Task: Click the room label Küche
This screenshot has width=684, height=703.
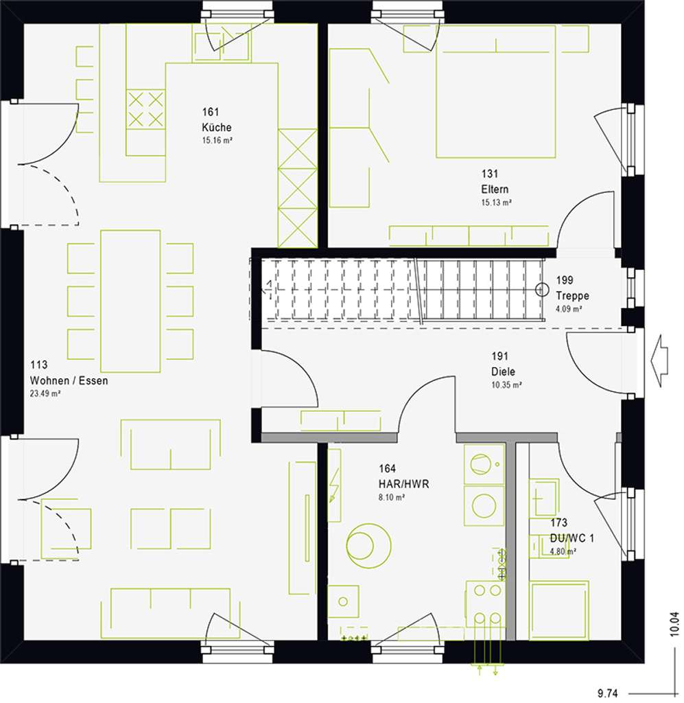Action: [x=216, y=128]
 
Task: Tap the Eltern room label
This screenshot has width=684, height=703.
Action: [x=495, y=189]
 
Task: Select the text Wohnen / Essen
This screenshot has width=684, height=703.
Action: [x=69, y=380]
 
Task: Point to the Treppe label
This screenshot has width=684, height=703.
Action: [x=573, y=296]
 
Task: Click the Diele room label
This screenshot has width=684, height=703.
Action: [x=503, y=372]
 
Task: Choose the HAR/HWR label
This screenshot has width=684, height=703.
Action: [x=403, y=484]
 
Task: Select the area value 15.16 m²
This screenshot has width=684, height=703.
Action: [x=216, y=140]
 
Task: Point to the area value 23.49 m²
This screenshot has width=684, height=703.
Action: [x=46, y=393]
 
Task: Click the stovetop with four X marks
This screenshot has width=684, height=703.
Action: [x=146, y=109]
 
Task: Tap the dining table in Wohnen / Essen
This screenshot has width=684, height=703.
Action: [x=130, y=301]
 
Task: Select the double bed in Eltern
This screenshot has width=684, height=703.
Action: [x=495, y=91]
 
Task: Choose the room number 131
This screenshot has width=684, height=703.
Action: [x=489, y=174]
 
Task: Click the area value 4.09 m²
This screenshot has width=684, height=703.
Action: [x=569, y=309]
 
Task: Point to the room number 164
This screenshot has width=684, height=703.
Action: [x=387, y=470]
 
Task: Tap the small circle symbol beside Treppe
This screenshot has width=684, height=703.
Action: [x=542, y=290]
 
